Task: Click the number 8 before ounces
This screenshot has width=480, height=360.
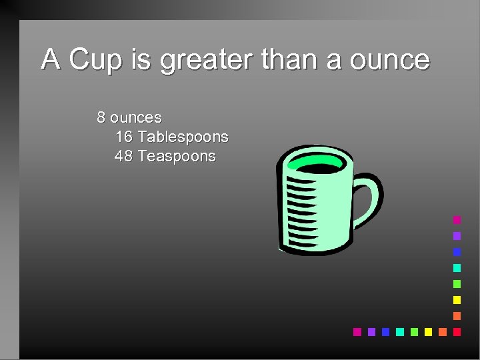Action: coord(101,117)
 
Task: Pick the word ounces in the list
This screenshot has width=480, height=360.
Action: coord(136,117)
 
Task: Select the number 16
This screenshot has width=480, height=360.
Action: coord(124,137)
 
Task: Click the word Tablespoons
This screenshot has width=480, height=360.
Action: coord(183,137)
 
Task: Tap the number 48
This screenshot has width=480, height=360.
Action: coord(124,156)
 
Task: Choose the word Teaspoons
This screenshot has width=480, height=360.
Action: coord(177,156)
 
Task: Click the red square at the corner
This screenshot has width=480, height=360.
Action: coord(457,331)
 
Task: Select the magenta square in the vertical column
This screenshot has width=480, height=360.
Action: coord(457,219)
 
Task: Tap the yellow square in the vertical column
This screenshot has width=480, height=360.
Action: coord(457,299)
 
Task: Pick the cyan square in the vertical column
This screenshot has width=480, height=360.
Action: coord(457,267)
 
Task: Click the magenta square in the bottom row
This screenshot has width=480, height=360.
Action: coord(357,331)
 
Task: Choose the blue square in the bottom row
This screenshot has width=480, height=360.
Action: coord(385,331)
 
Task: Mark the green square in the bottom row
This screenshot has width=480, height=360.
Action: coord(414,331)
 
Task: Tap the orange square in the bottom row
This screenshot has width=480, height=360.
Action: coord(443,331)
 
